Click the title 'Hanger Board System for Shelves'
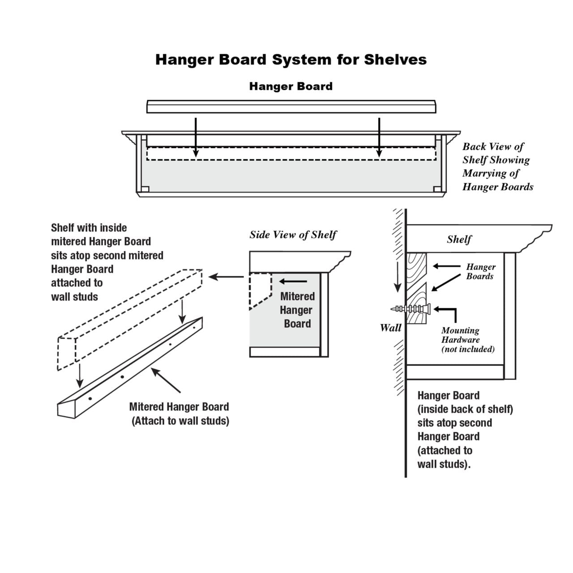(291, 60)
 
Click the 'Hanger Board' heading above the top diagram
(291, 86)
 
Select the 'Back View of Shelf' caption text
(497, 167)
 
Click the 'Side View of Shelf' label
(293, 235)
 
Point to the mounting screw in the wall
(412, 309)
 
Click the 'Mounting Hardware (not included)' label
(467, 340)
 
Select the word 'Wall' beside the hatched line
(390, 328)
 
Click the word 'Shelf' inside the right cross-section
(459, 239)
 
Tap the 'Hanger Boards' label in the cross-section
(480, 271)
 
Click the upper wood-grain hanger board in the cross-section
(416, 267)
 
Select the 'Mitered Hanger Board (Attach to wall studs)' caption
(179, 414)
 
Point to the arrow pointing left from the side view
(226, 277)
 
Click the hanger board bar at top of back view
(291, 107)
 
